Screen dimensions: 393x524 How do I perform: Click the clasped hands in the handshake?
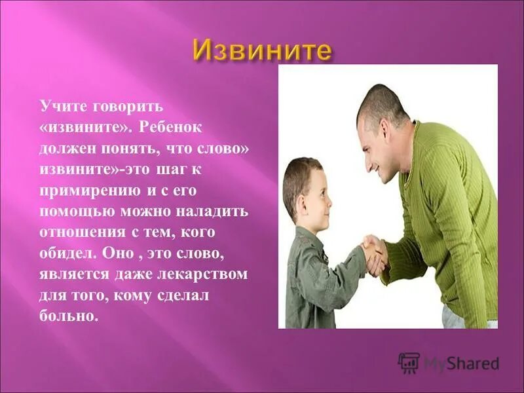point(375,253)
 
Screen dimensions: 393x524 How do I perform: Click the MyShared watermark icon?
point(409,363)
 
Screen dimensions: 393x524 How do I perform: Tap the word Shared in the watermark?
point(476,364)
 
